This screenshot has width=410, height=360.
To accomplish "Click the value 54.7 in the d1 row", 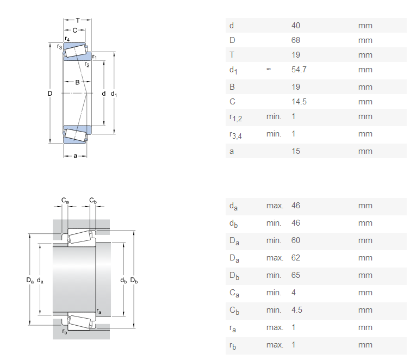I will (299, 70).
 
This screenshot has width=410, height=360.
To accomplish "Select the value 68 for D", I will (296, 40).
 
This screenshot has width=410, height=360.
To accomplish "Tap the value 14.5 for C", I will (299, 102).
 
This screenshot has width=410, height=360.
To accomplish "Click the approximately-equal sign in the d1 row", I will (269, 70).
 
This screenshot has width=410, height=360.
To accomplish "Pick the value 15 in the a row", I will (296, 151).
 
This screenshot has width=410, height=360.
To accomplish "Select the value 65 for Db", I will (296, 275).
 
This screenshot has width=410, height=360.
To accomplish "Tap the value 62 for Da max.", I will (296, 258).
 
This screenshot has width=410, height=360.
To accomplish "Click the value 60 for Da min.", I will (296, 240).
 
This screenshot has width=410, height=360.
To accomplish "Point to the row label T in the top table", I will (232, 55).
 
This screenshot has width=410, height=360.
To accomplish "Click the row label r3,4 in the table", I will (235, 134).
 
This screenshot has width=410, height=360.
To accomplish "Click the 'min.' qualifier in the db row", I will (274, 223).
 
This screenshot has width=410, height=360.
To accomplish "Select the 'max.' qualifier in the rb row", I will (275, 345).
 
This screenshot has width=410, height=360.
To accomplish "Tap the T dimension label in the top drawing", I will (77, 21).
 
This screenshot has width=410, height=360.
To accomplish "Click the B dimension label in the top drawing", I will (77, 83).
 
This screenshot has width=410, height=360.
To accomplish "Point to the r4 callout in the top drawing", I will (67, 39).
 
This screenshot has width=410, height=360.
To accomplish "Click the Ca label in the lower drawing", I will (65, 201).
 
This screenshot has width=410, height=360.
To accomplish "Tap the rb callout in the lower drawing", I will (65, 332).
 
